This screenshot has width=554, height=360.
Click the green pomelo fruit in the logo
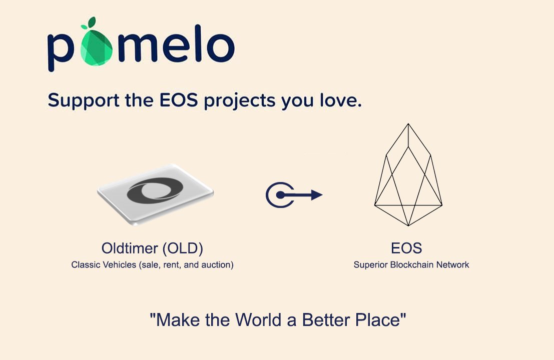pos(96,47)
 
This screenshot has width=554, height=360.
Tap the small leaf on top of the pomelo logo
pos(92,22)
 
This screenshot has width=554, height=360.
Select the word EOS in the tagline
pos(179,100)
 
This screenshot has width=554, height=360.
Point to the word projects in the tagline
pos(240,101)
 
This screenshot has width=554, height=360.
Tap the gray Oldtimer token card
pos(155,194)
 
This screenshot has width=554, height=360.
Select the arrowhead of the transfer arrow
pos(317,195)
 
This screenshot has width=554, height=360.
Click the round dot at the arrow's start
pos(280,195)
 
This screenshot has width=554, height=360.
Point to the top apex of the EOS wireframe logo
pos(408,123)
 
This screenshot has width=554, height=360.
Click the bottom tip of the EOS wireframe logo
pos(408,225)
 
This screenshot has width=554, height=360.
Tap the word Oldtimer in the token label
pos(130,248)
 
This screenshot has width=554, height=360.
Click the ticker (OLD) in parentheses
pos(183,248)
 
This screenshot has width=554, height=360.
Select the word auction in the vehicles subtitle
pos(216,264)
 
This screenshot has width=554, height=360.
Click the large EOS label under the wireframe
pos(406,248)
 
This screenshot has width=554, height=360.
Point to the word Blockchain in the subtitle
pos(411,264)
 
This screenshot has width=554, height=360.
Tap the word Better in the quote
pos(326,320)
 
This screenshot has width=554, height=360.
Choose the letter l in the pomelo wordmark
pos(198,43)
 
